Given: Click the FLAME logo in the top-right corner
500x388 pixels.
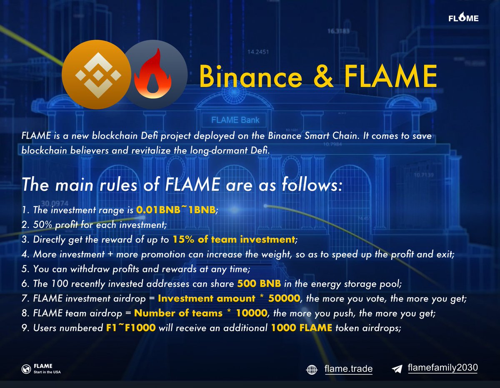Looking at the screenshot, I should tap(463, 18).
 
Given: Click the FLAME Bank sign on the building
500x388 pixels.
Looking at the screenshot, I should tap(236, 120).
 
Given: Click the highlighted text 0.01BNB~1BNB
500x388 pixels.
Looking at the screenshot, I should tap(176, 210).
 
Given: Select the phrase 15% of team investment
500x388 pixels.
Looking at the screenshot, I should tap(234, 239).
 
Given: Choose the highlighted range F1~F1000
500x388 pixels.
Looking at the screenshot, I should tap(130, 328).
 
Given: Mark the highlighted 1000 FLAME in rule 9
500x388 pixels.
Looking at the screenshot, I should tap(302, 328).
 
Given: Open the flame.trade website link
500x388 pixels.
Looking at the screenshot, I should tap(348, 369).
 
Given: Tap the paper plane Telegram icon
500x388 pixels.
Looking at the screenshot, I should tap(397, 369).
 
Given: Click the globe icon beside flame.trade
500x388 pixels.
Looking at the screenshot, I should tap(312, 369).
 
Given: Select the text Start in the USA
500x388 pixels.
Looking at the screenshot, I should tap(47, 372).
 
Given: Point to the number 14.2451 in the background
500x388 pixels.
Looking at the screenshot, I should tap(258, 52).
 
